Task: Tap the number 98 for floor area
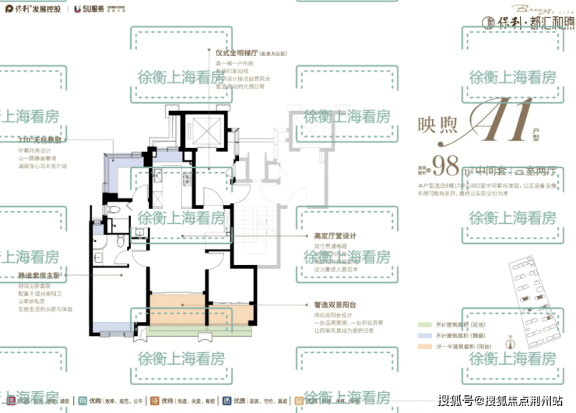tap(446, 166)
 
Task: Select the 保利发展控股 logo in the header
tap(35, 9)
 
